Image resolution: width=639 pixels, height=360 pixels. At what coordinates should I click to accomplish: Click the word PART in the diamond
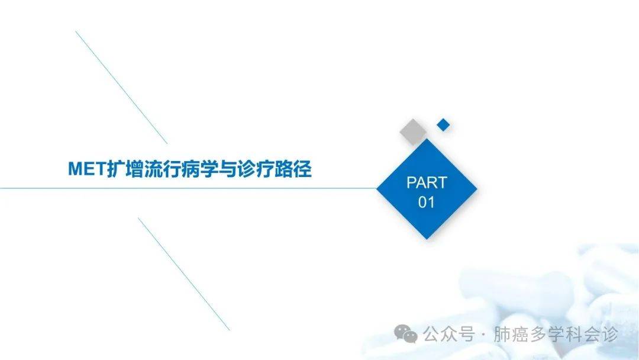click(x=427, y=182)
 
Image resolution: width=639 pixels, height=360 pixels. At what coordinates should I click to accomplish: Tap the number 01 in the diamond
click(x=426, y=202)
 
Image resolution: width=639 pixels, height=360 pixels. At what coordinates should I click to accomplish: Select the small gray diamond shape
click(x=413, y=131)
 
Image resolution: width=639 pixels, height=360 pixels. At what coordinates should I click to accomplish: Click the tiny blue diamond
click(x=443, y=125)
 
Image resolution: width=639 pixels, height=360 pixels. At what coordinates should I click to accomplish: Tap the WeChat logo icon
click(x=406, y=334)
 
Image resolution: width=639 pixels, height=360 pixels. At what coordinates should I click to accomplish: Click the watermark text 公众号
click(x=448, y=335)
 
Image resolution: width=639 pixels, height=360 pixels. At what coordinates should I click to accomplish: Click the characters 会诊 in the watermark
click(x=601, y=335)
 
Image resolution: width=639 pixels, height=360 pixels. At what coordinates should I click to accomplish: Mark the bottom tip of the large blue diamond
click(x=427, y=239)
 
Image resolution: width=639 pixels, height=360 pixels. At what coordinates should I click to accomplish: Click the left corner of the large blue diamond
click(x=376, y=189)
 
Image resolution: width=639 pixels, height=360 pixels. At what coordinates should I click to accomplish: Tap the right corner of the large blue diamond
click(x=477, y=189)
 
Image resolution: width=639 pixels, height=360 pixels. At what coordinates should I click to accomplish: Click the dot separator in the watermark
click(x=484, y=335)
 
